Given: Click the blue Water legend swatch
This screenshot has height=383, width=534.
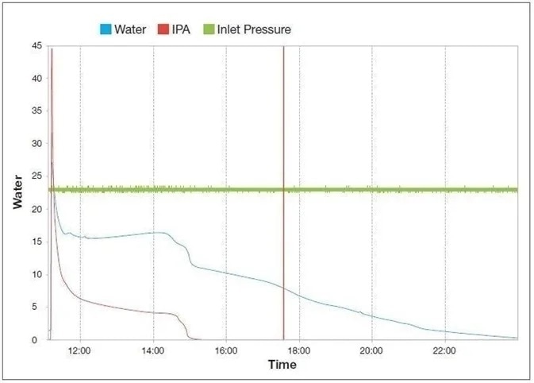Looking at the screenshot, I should click(104, 29).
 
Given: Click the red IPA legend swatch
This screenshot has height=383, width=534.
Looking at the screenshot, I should click(163, 29).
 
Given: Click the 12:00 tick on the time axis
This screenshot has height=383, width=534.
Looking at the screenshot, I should click(80, 350).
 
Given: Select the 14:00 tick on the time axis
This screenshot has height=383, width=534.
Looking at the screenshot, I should click(153, 350).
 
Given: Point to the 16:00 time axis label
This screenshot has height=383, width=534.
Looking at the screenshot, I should click(226, 350).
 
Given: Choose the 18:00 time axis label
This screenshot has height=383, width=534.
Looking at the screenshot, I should click(299, 350).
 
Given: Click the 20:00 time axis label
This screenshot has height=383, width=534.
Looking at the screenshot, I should click(372, 350).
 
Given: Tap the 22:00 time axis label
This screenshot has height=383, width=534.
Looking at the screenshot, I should click(445, 350).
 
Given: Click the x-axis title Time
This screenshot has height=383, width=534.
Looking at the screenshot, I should click(282, 365).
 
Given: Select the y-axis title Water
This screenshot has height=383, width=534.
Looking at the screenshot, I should click(18, 191).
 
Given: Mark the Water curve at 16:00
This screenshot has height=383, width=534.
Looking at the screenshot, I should click(226, 273).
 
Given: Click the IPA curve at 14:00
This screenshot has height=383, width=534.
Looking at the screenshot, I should click(153, 312).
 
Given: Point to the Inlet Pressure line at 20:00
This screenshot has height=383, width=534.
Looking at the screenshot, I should click(372, 190).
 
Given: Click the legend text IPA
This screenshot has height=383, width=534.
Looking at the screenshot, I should click(180, 29).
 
